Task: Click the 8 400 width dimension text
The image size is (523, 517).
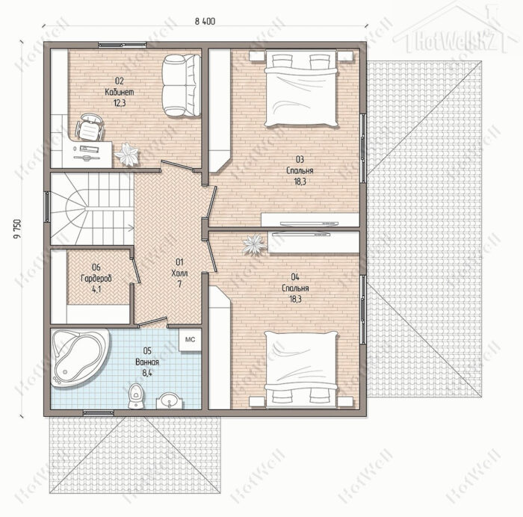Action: [205, 22]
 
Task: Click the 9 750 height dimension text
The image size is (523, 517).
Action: [17, 229]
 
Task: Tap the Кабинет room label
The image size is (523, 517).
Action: [120, 92]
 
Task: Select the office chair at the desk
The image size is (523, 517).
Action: [89, 127]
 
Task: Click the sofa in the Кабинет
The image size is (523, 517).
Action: [181, 86]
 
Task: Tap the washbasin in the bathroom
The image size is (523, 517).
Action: [170, 400]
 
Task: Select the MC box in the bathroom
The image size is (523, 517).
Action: [190, 339]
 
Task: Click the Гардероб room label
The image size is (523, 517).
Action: [96, 278]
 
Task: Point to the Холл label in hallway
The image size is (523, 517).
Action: [179, 273]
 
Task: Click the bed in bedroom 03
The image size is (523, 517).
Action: [300, 88]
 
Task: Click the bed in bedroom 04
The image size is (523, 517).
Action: [300, 370]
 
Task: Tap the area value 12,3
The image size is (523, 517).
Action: [120, 103]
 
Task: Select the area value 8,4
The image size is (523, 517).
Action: [147, 373]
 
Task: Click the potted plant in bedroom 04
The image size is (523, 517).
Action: [254, 244]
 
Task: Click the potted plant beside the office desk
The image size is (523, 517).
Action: [126, 155]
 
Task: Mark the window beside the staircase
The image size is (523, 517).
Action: [47, 207]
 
